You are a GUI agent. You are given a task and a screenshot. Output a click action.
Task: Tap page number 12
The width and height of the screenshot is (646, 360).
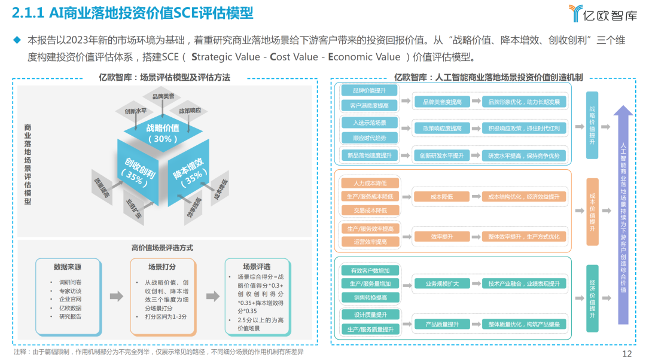[x=627, y=353]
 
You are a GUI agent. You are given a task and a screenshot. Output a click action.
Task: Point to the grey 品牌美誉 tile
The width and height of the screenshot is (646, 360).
[x=163, y=96]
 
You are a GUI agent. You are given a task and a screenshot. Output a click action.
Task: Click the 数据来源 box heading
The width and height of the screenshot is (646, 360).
[x=67, y=267]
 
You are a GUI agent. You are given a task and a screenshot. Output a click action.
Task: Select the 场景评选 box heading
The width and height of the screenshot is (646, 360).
[x=257, y=267]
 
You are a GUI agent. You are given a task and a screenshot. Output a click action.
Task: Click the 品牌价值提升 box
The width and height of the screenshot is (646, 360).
[x=369, y=90]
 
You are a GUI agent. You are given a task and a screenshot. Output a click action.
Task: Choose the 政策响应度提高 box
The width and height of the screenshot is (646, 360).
[x=442, y=128]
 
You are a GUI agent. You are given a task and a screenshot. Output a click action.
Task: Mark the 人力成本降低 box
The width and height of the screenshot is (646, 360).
[x=368, y=182]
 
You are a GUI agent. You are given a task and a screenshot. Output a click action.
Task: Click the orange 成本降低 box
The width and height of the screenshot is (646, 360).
[x=441, y=196]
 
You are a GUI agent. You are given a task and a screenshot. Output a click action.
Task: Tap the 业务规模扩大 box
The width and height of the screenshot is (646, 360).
[x=442, y=283]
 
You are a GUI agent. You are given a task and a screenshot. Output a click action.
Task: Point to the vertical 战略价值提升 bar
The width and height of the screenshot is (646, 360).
[x=592, y=125]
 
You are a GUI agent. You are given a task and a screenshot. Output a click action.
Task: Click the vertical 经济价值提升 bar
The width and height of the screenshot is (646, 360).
[x=592, y=299]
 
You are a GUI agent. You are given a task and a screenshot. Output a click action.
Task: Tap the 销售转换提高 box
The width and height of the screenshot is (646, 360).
[x=368, y=297]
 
